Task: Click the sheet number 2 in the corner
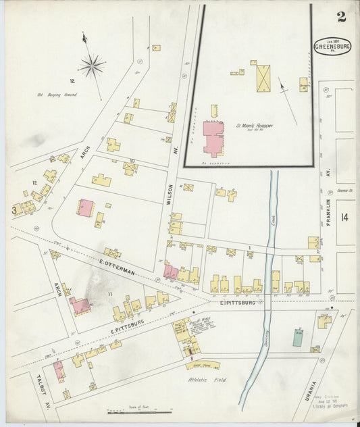coord(342,17)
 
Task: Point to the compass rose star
coord(91,66)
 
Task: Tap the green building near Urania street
coord(297,338)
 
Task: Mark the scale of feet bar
coord(138,411)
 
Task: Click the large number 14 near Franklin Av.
coord(345,217)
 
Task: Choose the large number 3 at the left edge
coord(13,210)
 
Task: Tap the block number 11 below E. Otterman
coord(109,295)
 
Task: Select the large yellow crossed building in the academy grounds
coord(262,78)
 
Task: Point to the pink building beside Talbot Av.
coord(59,370)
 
